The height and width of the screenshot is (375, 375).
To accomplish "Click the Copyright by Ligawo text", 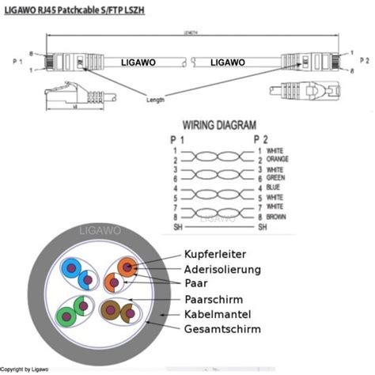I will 27,369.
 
